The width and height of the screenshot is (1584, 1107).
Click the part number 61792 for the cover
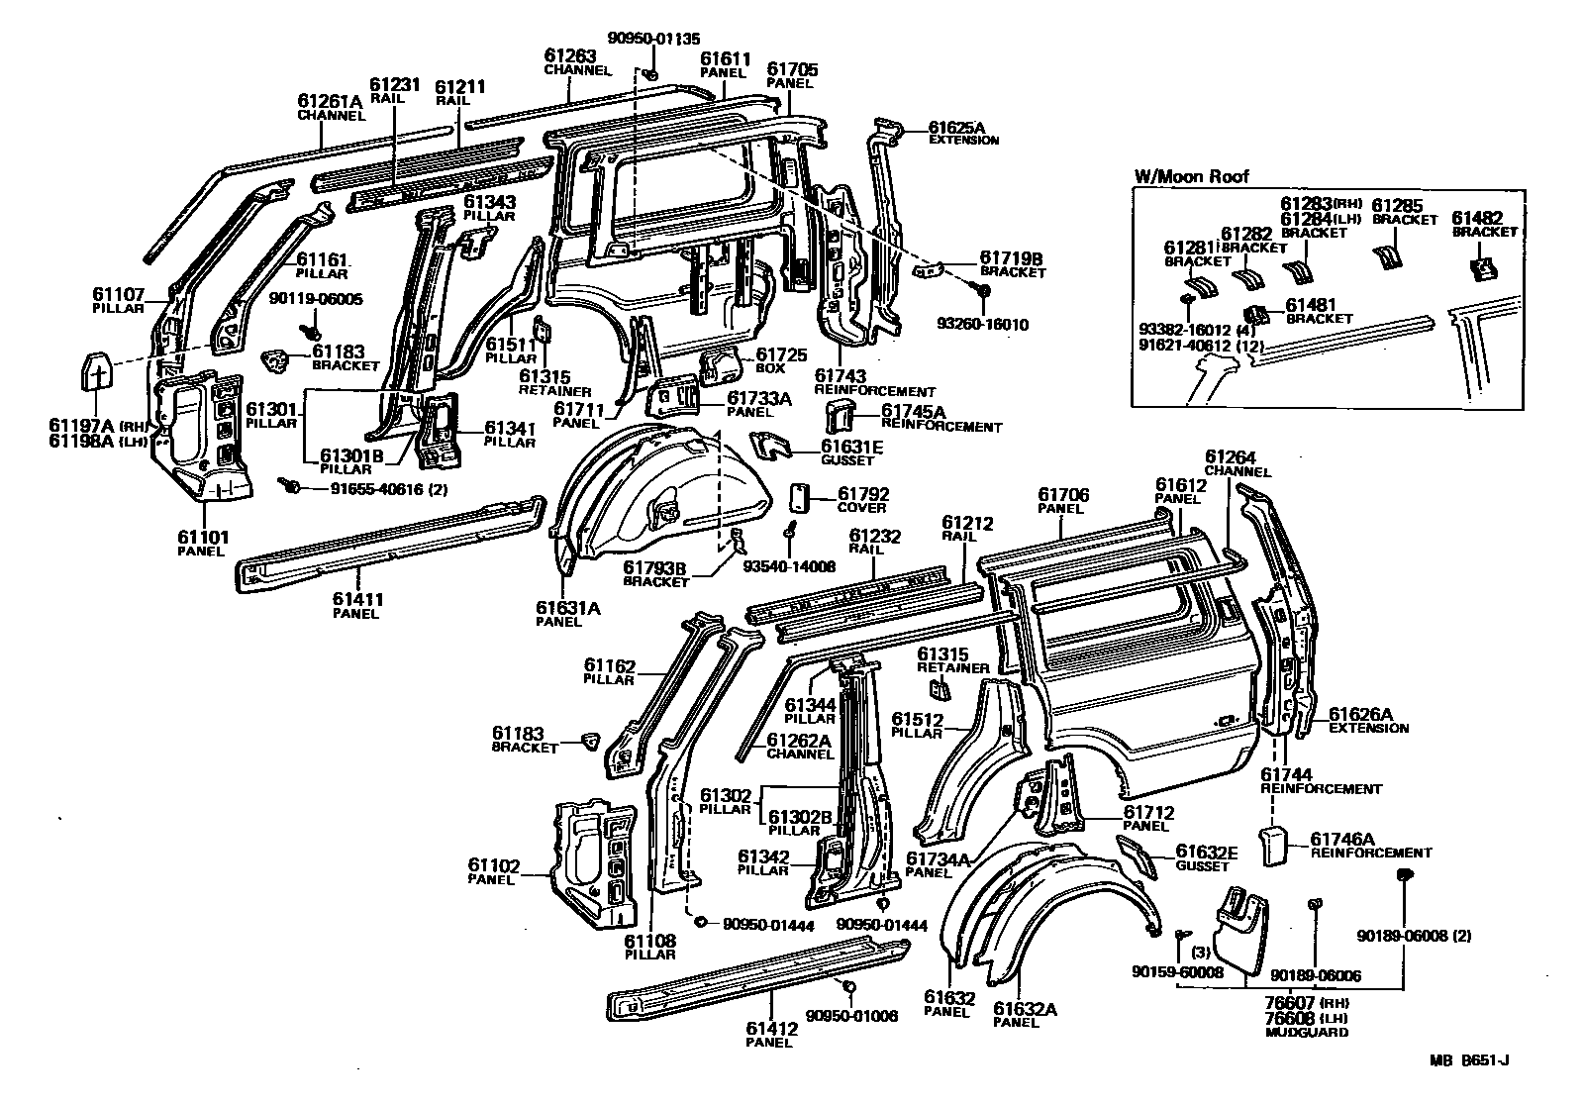(863, 493)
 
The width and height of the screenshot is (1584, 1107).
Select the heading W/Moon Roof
(1191, 177)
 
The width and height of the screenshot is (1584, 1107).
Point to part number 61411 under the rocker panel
(357, 599)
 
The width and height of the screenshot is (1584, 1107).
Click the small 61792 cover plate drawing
(800, 496)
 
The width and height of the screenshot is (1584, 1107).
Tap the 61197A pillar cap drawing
(98, 378)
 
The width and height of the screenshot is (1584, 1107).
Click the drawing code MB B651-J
(1468, 1062)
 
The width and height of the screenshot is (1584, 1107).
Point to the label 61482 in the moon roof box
(1477, 218)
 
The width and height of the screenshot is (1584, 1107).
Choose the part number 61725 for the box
(781, 354)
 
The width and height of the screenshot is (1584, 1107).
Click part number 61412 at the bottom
(772, 1029)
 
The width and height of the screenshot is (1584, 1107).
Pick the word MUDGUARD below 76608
(1307, 1032)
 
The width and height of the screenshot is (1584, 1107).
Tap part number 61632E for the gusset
(1207, 853)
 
